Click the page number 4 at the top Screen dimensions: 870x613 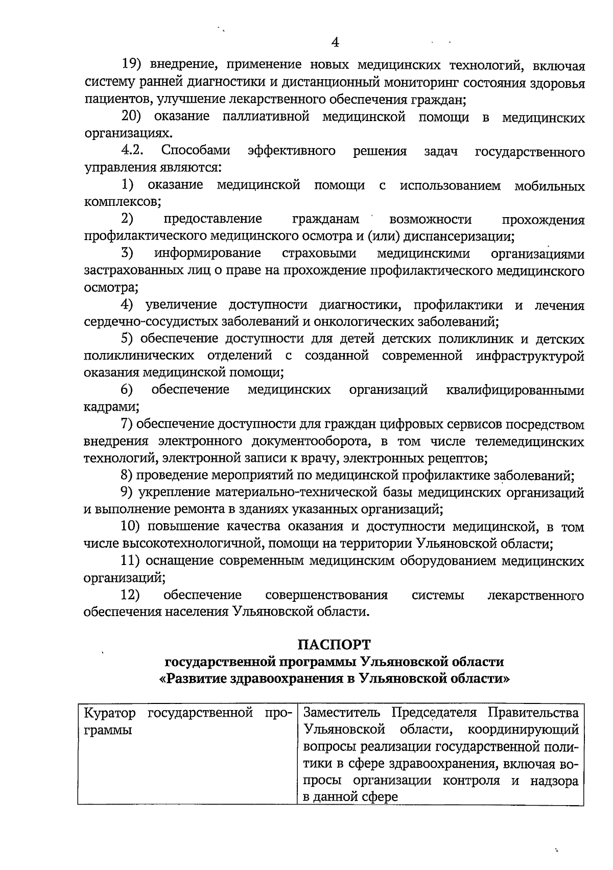[x=335, y=42]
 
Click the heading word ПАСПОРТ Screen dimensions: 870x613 [x=335, y=644]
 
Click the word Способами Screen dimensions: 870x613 [x=196, y=151]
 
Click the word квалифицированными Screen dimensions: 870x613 [x=515, y=391]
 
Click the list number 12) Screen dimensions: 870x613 [x=130, y=595]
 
